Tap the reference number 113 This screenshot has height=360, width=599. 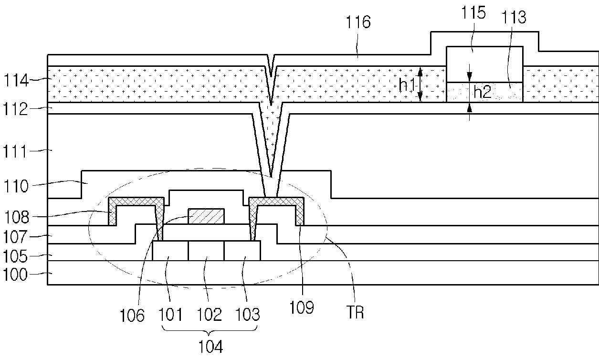514,17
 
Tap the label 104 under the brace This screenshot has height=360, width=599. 210,347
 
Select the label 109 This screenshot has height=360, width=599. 302,307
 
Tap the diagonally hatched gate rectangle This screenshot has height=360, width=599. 206,216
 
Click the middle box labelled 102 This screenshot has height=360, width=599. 206,251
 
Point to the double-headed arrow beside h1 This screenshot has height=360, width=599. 420,85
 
